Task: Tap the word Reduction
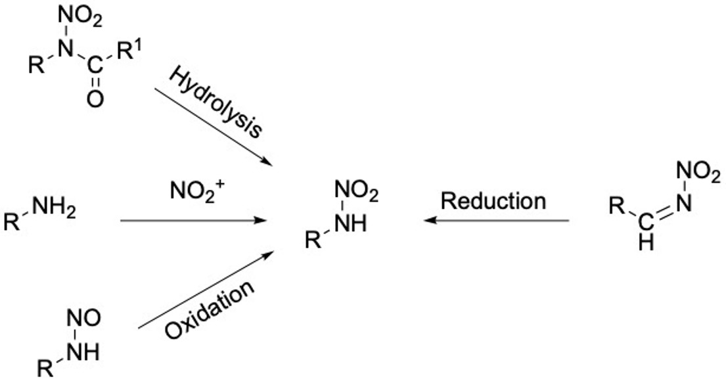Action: [x=493, y=200]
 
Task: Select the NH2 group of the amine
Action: [x=52, y=212]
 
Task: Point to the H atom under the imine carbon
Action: [x=647, y=244]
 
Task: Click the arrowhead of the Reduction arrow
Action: [x=429, y=221]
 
